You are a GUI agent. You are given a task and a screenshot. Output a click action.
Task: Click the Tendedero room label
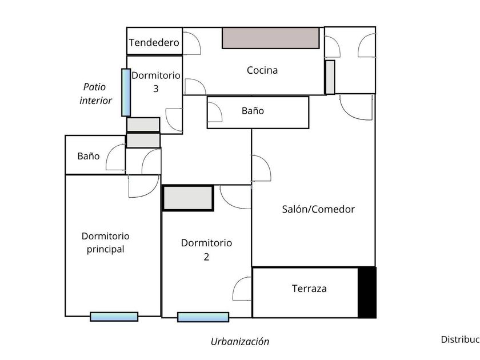[154, 43]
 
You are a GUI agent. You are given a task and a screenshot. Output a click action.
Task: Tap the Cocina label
[262, 70]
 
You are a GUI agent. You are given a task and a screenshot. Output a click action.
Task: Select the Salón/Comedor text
[318, 209]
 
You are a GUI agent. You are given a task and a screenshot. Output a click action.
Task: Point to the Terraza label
[309, 289]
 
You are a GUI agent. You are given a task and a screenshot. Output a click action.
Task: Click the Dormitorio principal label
[106, 242]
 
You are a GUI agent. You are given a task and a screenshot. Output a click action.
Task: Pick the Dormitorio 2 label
[206, 250]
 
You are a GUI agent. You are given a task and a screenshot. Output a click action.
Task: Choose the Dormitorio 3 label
[156, 82]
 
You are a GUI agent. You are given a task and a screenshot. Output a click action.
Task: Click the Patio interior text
[96, 94]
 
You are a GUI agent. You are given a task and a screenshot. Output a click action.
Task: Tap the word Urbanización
[240, 342]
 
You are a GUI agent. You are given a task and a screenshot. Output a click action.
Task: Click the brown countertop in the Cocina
[270, 38]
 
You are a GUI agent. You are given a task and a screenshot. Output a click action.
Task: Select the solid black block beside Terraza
[367, 293]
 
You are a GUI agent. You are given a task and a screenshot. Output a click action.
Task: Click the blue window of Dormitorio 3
[125, 92]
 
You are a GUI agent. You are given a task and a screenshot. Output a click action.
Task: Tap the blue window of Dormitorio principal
[114, 317]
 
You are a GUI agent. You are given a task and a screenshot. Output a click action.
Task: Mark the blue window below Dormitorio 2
[203, 317]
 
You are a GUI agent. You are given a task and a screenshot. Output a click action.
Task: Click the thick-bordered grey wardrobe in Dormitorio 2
[188, 198]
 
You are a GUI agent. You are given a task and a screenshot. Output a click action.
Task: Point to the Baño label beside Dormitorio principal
[89, 155]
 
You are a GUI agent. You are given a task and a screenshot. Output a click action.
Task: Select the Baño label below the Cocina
[253, 111]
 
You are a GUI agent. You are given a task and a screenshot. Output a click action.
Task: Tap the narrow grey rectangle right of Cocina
[330, 77]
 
